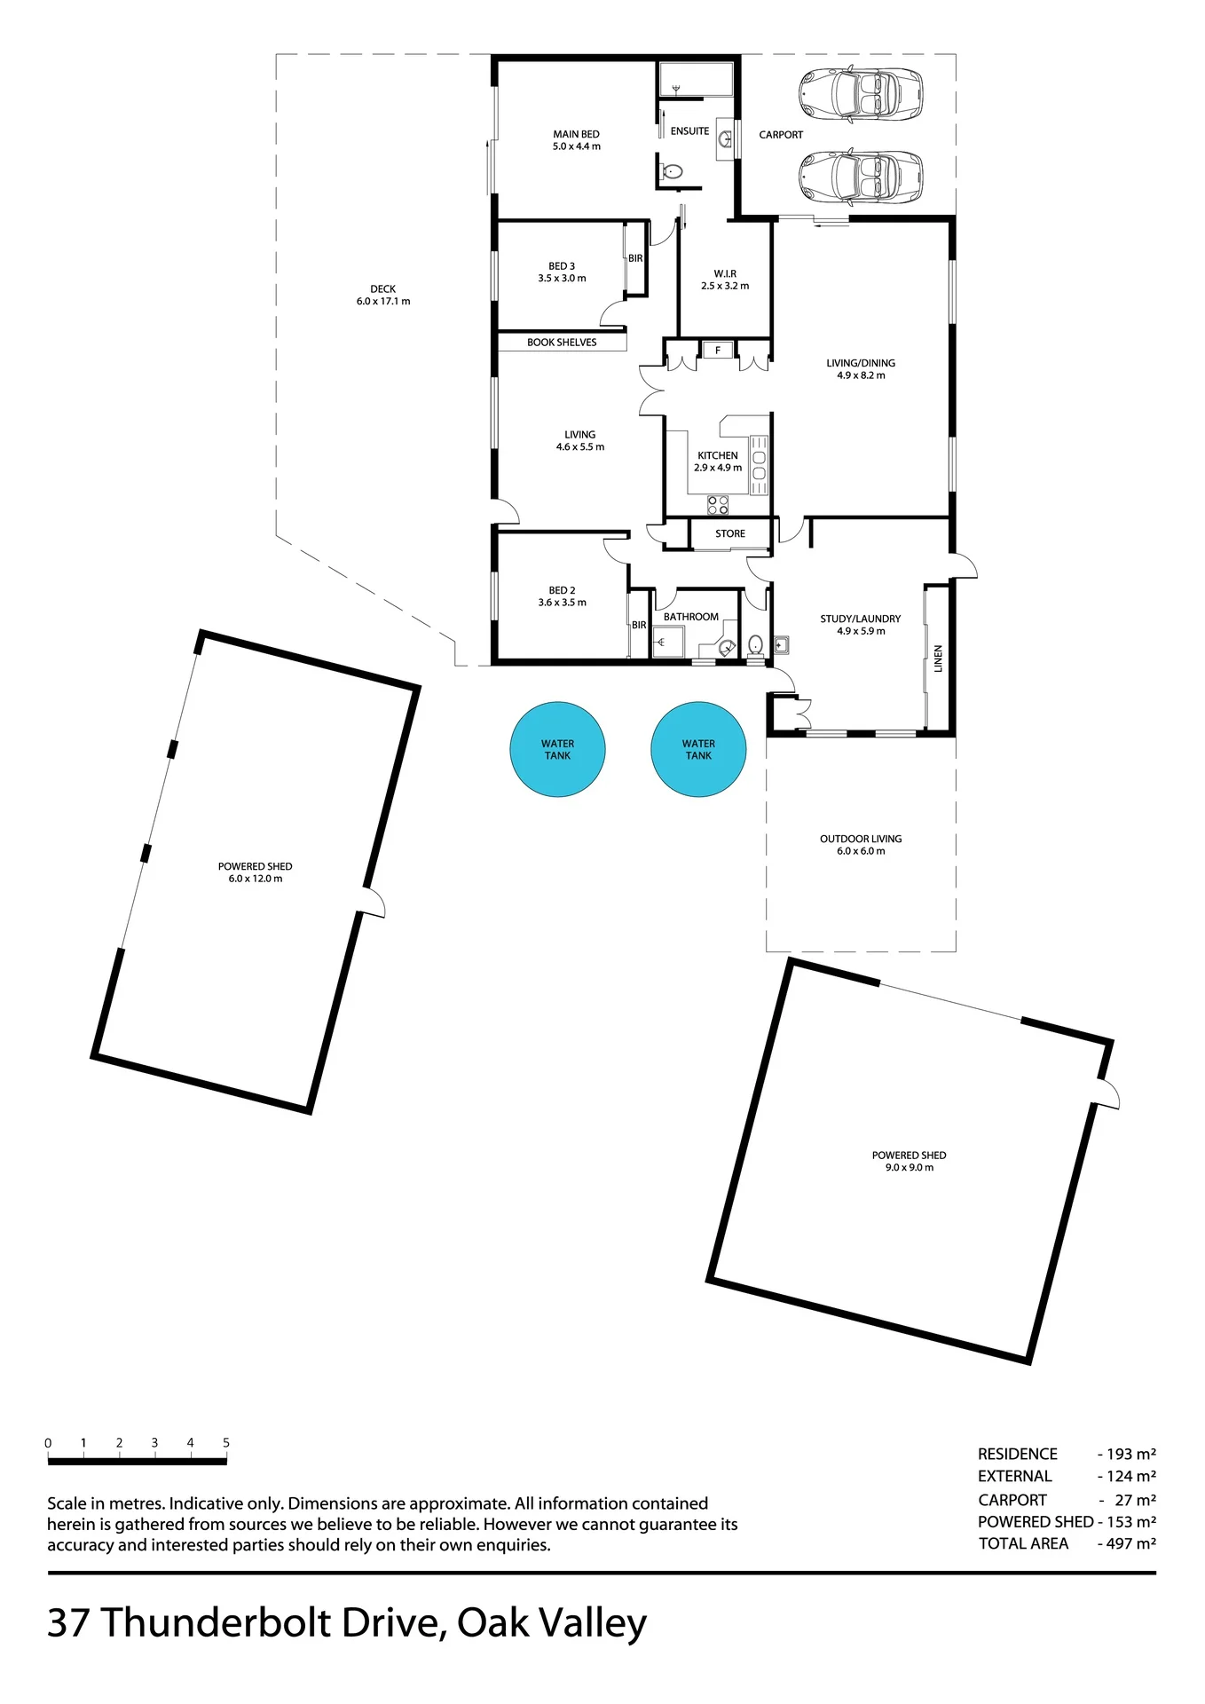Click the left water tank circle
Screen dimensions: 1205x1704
(x=557, y=750)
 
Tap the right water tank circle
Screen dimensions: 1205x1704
(x=698, y=750)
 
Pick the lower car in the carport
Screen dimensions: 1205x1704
(x=861, y=177)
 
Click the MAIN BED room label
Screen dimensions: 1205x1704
(x=577, y=135)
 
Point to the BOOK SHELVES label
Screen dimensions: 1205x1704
(x=562, y=343)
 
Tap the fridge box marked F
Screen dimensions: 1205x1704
(x=718, y=351)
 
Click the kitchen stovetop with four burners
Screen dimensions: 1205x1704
(x=718, y=506)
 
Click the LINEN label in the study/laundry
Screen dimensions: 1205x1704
(x=938, y=659)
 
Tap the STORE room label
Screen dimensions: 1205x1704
(x=730, y=534)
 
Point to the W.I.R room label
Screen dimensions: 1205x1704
(x=725, y=274)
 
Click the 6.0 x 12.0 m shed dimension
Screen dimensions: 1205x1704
(x=256, y=879)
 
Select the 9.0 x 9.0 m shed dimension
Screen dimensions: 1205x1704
(x=910, y=1168)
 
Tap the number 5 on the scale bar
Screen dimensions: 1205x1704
(x=226, y=1443)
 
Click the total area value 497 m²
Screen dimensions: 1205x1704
(x=1131, y=1543)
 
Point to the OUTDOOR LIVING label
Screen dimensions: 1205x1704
(x=861, y=839)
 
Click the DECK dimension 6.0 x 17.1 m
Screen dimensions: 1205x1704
(x=383, y=302)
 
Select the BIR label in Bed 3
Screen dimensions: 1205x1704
(x=635, y=259)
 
